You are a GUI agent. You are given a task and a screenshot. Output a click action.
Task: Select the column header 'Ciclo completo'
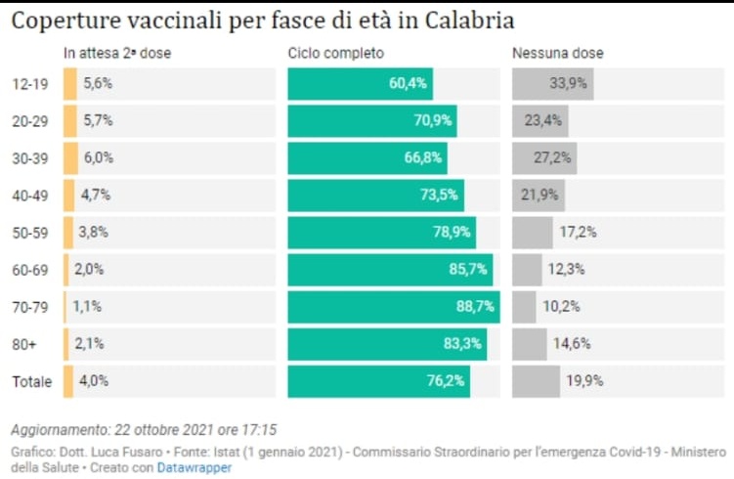click(x=335, y=53)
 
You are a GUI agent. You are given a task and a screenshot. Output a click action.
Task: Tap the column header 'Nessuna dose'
click(x=557, y=53)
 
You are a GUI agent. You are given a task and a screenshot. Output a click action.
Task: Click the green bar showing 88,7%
click(x=393, y=307)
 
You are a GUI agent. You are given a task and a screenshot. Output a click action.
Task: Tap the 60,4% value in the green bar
click(x=408, y=84)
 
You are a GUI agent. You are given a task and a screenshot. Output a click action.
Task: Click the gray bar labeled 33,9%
click(x=552, y=84)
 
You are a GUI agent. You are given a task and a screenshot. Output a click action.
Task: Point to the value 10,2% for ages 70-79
click(x=561, y=307)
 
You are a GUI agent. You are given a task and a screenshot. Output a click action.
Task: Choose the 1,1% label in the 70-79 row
click(x=86, y=307)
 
